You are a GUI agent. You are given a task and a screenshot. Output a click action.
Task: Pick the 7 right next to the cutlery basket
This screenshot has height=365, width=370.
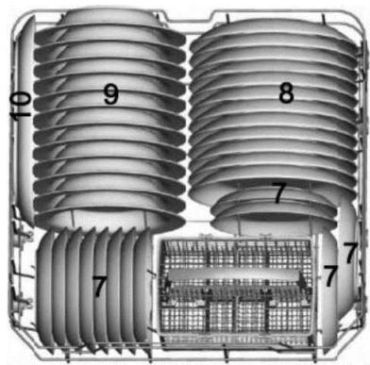coord(330,275)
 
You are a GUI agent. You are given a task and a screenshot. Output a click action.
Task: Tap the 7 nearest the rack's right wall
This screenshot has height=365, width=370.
coord(350,252)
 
